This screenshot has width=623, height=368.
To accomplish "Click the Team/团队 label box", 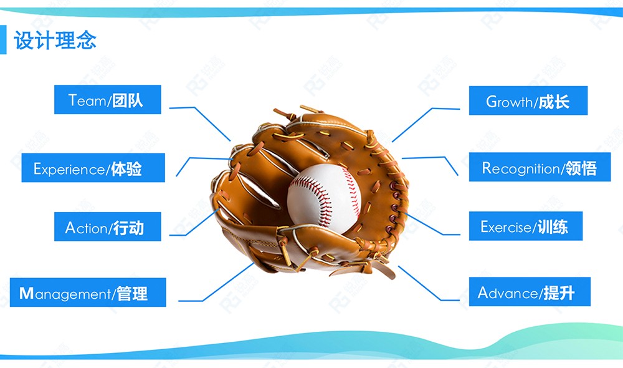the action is pyautogui.click(x=108, y=99).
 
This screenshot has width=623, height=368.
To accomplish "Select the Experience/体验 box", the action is pyautogui.click(x=93, y=168).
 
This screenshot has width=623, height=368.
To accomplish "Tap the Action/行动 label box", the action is pyautogui.click(x=108, y=226).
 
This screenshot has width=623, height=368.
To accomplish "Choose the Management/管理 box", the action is pyautogui.click(x=88, y=293).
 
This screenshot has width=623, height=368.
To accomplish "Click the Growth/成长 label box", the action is pyautogui.click(x=528, y=100).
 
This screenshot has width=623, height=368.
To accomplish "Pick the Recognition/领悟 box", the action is pyautogui.click(x=540, y=167).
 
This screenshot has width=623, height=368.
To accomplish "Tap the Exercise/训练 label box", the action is pyautogui.click(x=526, y=226).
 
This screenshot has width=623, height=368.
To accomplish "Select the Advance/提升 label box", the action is pyautogui.click(x=530, y=292).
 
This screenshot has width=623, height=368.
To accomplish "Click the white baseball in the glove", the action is pyautogui.click(x=324, y=196).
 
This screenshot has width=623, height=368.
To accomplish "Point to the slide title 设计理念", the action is pyautogui.click(x=55, y=40).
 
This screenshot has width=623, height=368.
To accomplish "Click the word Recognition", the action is pyautogui.click(x=520, y=168).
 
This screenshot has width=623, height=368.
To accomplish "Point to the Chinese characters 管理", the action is pyautogui.click(x=132, y=294).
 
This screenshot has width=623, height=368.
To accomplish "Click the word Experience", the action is pyautogui.click(x=69, y=169).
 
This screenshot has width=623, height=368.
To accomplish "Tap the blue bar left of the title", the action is pyautogui.click(x=3, y=39).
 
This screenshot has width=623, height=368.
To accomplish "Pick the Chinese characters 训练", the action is pyautogui.click(x=553, y=227).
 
